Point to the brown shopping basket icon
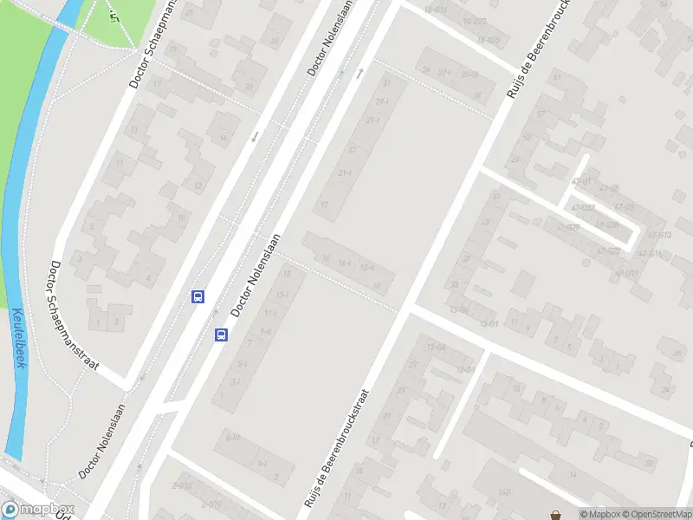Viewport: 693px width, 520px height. coord(554,513)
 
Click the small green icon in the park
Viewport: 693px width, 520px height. coord(113,16)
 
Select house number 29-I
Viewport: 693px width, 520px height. coord(381,101)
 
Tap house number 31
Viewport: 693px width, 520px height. coord(387,82)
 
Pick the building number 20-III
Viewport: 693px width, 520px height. coord(469,74)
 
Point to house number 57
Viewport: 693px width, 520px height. coord(541,114)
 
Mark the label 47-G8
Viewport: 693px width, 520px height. coord(624,206)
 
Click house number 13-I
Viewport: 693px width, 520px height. coord(282,294)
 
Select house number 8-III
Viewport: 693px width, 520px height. coord(231,437)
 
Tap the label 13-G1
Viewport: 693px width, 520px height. coord(490,323)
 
